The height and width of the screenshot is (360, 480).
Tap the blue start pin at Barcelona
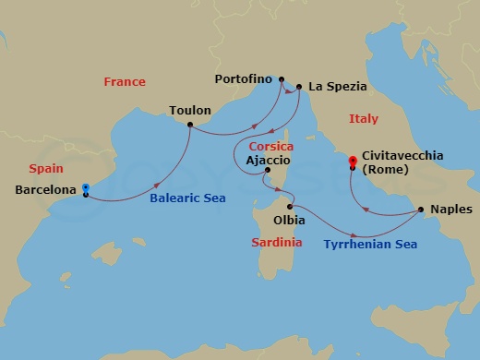(x=85, y=187)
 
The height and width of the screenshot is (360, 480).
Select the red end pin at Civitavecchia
(x=352, y=162)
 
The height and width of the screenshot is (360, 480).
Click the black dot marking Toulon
(x=190, y=125)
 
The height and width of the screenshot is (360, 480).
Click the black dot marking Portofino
(x=282, y=79)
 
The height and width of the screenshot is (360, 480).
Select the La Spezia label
(x=338, y=87)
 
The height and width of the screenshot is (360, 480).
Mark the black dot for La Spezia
(x=298, y=89)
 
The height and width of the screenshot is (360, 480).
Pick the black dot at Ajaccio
(x=268, y=171)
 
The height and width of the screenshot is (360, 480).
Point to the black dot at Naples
(x=421, y=210)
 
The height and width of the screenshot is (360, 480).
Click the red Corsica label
(x=271, y=146)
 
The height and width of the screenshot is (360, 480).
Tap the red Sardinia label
(x=277, y=242)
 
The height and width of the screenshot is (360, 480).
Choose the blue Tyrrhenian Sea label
(x=370, y=245)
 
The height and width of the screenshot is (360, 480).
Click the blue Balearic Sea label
(x=189, y=198)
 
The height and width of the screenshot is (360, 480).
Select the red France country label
(x=125, y=81)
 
